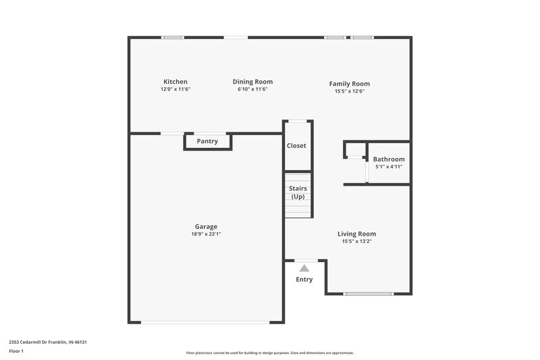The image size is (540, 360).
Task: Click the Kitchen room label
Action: tap(175, 82)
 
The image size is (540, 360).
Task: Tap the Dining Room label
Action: tap(252, 82)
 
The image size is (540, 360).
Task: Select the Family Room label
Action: tap(349, 84)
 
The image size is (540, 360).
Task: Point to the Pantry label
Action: tap(207, 141)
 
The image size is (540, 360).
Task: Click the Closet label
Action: tap(296, 145)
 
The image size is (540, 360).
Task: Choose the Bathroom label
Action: tap(389, 159)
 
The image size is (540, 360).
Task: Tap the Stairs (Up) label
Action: tap(298, 192)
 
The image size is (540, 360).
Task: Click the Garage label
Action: tap(206, 226)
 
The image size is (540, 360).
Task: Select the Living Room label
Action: tap(356, 234)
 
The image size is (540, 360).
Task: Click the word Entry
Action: tap(304, 279)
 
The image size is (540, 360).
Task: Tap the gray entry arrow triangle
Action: tap(304, 268)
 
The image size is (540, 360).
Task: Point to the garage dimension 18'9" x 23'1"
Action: tap(206, 234)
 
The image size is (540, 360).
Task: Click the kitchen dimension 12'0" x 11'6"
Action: tap(175, 89)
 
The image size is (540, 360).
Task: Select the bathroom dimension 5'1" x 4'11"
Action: tap(389, 167)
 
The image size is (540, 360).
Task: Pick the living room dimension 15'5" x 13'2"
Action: tap(356, 241)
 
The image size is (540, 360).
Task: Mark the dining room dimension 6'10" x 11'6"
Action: tap(252, 89)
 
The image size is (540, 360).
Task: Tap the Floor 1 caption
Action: tap(16, 351)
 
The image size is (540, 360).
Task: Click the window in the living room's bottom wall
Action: tap(369, 294)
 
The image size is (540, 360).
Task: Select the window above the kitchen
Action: tap(173, 37)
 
